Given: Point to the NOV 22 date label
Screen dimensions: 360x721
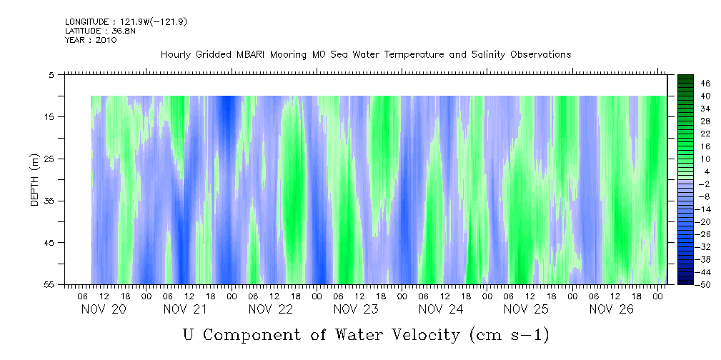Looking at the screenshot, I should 271,309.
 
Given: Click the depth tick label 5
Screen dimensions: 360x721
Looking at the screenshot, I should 51,74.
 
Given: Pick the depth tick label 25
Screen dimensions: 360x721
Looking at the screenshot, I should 49,159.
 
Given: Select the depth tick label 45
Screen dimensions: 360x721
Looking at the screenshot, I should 49,243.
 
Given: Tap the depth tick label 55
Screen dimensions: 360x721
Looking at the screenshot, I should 49,284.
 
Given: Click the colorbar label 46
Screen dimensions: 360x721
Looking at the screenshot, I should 705,83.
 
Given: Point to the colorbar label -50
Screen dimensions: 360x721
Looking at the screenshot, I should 704,285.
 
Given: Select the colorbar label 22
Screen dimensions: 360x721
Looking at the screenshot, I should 705,133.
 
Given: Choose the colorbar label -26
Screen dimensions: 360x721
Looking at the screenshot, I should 704,234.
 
